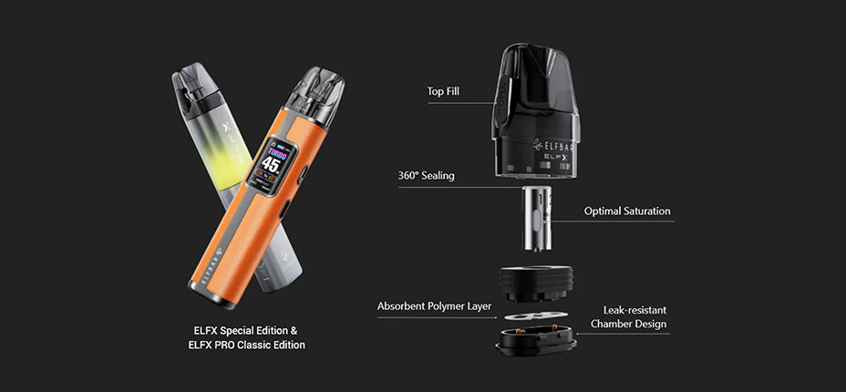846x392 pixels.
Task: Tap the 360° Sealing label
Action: click(x=426, y=175)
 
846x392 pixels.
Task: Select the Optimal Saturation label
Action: click(x=627, y=211)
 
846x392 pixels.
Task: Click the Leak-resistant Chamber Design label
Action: click(x=628, y=317)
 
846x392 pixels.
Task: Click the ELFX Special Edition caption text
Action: click(x=245, y=330)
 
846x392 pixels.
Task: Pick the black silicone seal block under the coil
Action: click(x=537, y=281)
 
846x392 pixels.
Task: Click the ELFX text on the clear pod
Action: click(x=556, y=158)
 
